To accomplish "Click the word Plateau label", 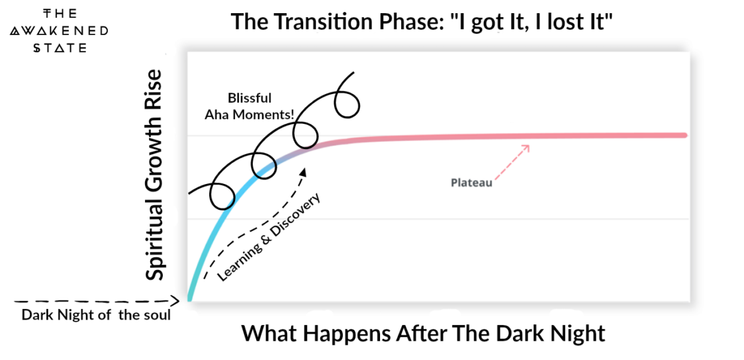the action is pos(472,183).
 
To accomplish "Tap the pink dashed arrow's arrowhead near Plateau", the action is pos(526,147).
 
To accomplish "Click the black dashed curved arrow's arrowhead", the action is pos(303,171).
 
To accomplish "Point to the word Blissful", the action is pos(250,99).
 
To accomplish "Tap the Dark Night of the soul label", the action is pos(96,315).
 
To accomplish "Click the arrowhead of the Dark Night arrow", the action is pos(175,300).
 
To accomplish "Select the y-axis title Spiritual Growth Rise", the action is pos(154,175).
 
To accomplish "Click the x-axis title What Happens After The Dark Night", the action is pos(424,333).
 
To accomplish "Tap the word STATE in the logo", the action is pos(60,48).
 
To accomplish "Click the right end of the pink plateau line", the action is pos(684,135).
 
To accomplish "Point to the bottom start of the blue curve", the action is pos(189,299).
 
